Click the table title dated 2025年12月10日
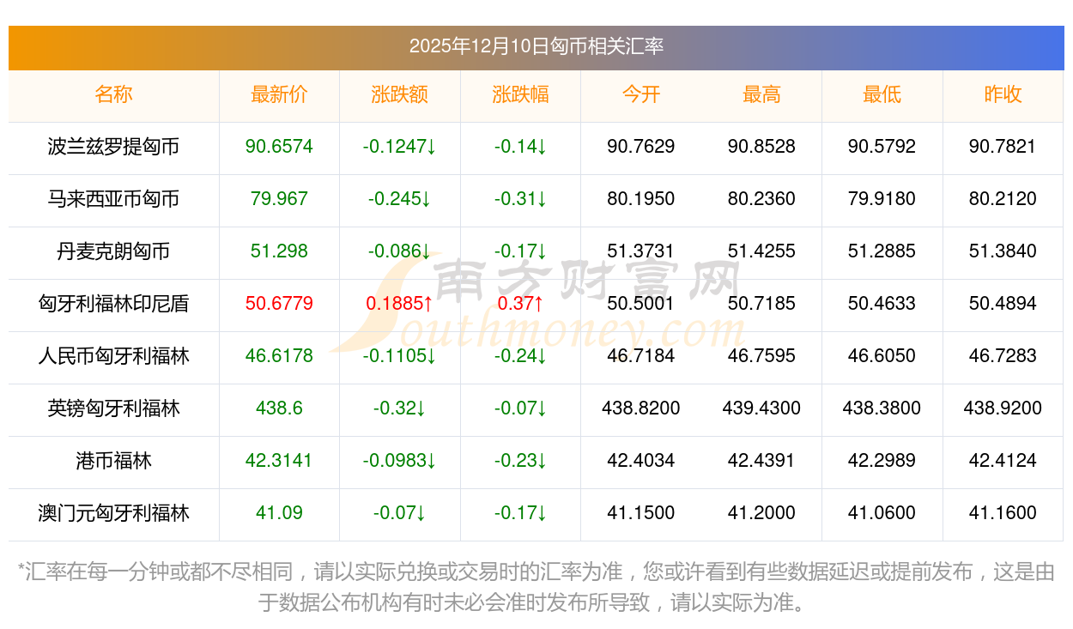536,46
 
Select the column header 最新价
279,94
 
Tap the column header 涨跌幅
520,94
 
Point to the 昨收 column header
1002,94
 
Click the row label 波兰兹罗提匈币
113,147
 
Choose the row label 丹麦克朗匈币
113,251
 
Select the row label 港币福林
113,461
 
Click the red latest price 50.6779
279,304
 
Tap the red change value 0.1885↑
399,304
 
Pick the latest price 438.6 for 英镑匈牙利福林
279,408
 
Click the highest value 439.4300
761,408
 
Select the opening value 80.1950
640,199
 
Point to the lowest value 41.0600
882,513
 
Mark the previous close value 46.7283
1002,356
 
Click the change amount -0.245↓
399,199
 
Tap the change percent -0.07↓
520,408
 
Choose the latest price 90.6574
279,147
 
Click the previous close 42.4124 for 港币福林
1002,461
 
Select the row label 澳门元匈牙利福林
113,513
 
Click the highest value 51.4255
761,251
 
